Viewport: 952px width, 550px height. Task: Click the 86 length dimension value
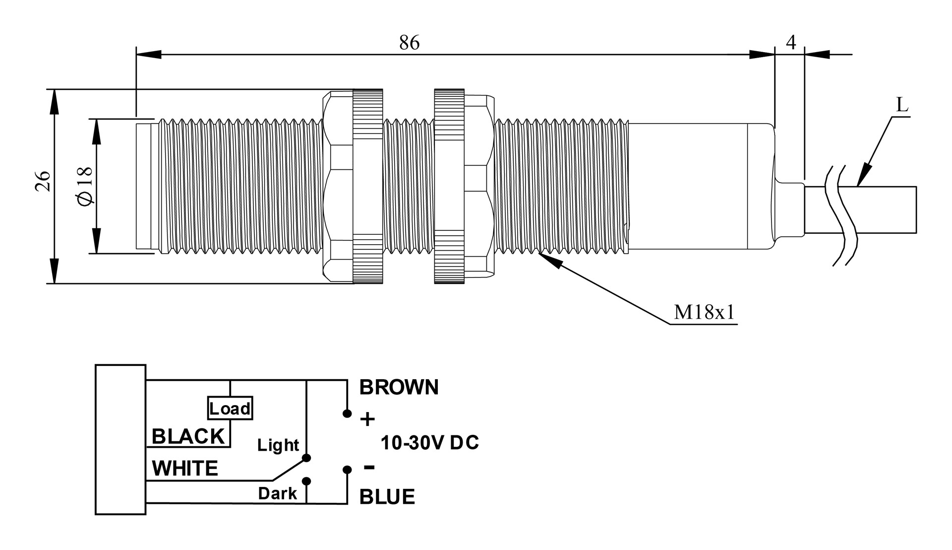point(409,43)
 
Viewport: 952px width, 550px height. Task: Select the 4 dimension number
point(791,43)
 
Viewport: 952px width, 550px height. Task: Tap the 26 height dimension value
point(43,181)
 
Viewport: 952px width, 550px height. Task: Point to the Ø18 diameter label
point(85,186)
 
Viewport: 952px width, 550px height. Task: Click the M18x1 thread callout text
point(704,312)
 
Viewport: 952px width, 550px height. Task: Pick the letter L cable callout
point(902,105)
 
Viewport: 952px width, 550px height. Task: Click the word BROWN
point(399,388)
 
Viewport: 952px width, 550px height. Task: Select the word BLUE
point(387,497)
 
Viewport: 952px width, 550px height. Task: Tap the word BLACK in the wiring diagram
point(188,436)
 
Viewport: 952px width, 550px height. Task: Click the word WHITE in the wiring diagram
point(184,469)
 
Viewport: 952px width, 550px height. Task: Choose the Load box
point(230,409)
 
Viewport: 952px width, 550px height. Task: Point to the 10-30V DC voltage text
point(429,443)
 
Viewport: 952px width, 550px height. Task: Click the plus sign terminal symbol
point(367,420)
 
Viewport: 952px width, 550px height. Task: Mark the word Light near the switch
point(278,445)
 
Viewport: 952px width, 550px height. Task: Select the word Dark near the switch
point(277,493)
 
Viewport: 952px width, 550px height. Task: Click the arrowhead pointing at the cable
point(864,176)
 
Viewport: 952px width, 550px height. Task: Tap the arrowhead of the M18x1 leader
point(551,260)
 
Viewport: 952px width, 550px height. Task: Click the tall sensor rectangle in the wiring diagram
point(120,439)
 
